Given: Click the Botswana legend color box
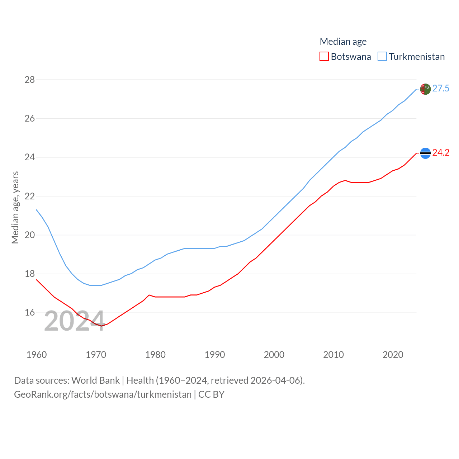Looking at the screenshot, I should (324, 57).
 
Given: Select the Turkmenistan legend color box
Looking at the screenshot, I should (382, 57).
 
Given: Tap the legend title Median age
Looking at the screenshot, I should (343, 42).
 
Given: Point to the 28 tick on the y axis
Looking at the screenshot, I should (30, 80).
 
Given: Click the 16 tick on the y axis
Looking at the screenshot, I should (30, 313).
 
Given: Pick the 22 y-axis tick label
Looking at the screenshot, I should (30, 196).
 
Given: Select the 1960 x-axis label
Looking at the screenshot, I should (37, 355).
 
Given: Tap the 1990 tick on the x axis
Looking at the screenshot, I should (215, 355).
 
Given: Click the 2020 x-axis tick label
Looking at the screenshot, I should (393, 355).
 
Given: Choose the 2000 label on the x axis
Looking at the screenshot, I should (274, 355).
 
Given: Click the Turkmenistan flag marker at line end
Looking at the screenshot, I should (425, 89).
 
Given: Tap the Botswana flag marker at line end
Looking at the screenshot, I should (425, 153).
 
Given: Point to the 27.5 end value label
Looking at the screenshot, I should (441, 89).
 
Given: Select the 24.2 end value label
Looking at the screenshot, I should (441, 153).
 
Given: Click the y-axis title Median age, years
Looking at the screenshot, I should (15, 208).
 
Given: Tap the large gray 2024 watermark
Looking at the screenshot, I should (75, 321).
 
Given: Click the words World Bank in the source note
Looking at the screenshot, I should (95, 380).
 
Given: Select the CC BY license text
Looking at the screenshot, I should (212, 394).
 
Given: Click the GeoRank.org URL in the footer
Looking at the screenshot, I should (103, 394).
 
